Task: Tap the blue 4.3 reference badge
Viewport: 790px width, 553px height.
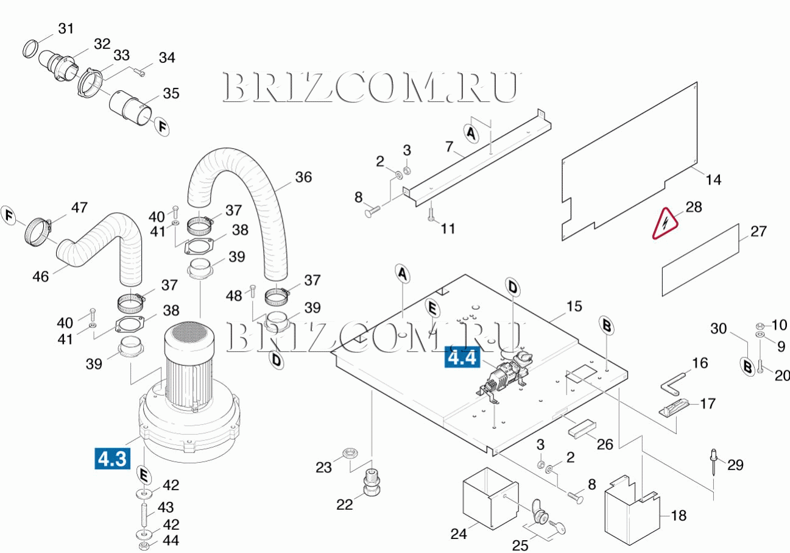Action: click(x=113, y=458)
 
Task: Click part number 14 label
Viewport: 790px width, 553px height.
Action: click(x=713, y=180)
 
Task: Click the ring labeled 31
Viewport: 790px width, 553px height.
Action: click(x=32, y=48)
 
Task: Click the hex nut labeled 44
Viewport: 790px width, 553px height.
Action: click(x=144, y=544)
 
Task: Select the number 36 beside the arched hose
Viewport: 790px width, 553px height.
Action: click(x=303, y=177)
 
